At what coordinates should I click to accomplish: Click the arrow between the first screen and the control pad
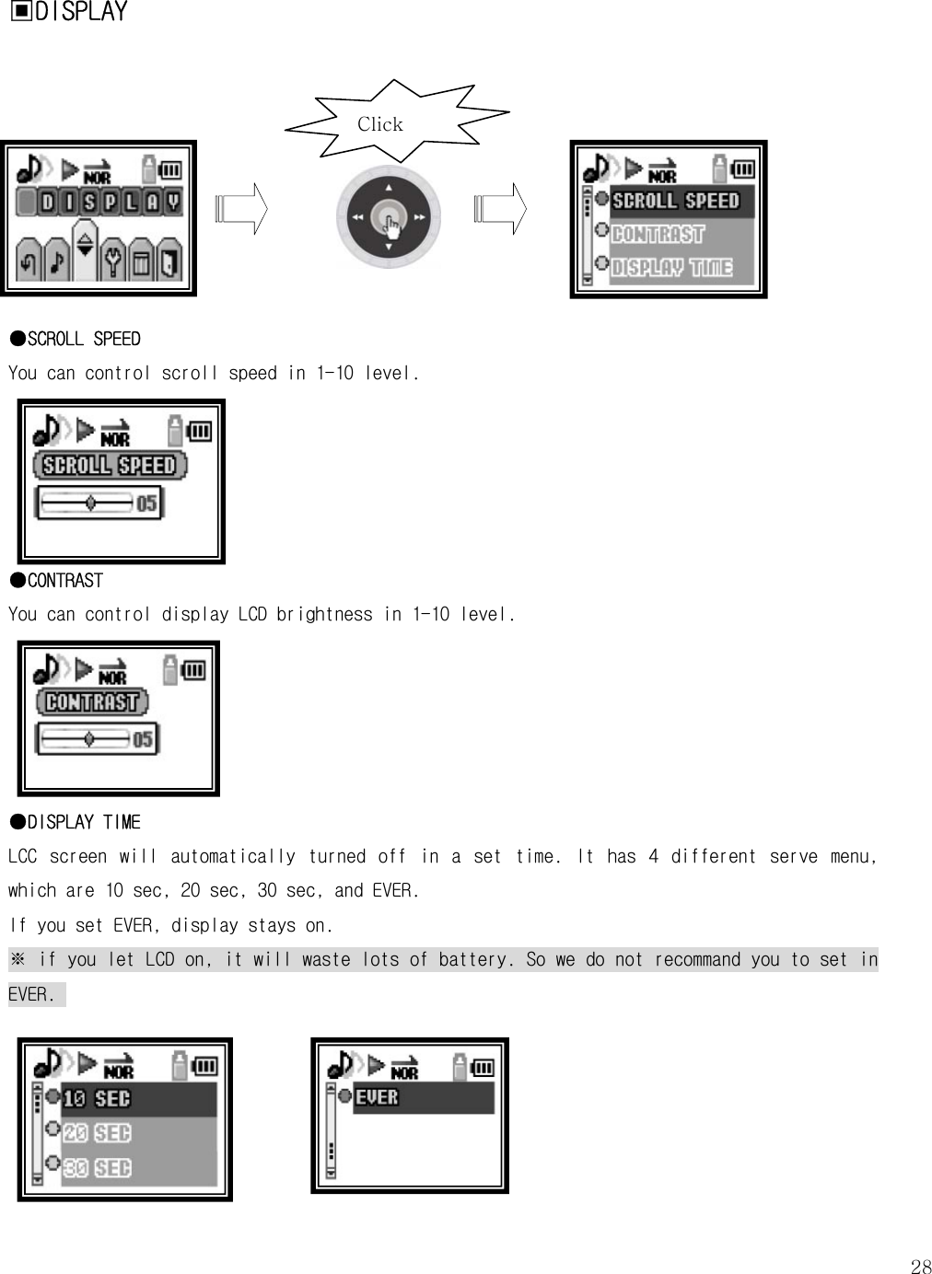point(240,209)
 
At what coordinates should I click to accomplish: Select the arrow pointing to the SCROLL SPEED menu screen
point(501,209)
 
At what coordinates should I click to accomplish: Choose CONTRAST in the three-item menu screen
point(658,235)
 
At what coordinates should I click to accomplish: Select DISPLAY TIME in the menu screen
point(671,268)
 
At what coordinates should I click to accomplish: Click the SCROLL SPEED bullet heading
point(76,339)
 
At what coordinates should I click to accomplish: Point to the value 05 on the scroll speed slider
point(146,504)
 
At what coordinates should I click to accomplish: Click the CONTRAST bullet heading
point(57,581)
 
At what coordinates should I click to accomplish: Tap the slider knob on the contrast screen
point(88,738)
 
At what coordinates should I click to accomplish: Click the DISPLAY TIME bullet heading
point(76,822)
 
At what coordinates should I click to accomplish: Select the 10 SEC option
point(97,1099)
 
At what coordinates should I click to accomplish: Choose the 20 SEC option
point(97,1133)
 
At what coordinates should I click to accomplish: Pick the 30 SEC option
point(97,1168)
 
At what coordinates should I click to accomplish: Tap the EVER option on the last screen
point(377,1097)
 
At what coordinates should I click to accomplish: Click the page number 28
point(920,1267)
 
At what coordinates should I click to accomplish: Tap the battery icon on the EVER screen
point(483,1068)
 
